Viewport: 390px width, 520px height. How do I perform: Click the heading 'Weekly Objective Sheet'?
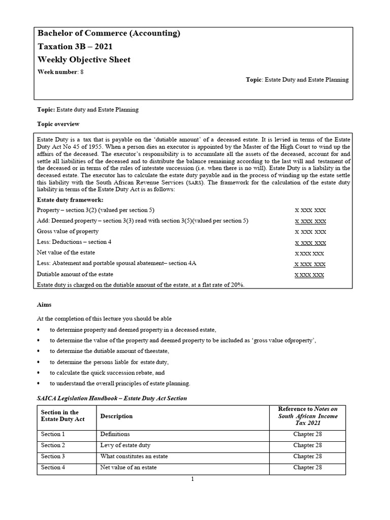click(84, 59)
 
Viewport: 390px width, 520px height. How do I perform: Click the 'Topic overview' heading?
click(58, 124)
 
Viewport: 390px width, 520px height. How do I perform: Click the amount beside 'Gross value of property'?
click(310, 232)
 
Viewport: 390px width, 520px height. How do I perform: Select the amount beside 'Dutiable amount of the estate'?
click(309, 275)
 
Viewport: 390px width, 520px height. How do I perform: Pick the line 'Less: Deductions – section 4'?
click(75, 242)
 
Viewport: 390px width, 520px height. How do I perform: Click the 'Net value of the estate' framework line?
click(66, 252)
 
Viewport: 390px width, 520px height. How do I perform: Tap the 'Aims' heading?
click(44, 304)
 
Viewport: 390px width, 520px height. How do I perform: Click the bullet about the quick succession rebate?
click(120, 372)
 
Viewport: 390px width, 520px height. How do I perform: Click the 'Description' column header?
click(116, 416)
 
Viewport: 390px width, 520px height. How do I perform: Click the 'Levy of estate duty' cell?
click(125, 445)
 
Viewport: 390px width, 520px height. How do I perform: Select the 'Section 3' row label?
click(53, 457)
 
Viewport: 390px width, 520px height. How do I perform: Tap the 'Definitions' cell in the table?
click(115, 434)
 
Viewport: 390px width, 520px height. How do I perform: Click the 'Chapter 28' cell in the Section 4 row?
click(307, 468)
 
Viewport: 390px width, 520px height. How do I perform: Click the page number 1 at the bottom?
click(193, 481)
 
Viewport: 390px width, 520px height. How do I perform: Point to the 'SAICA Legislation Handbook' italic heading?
click(112, 398)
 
